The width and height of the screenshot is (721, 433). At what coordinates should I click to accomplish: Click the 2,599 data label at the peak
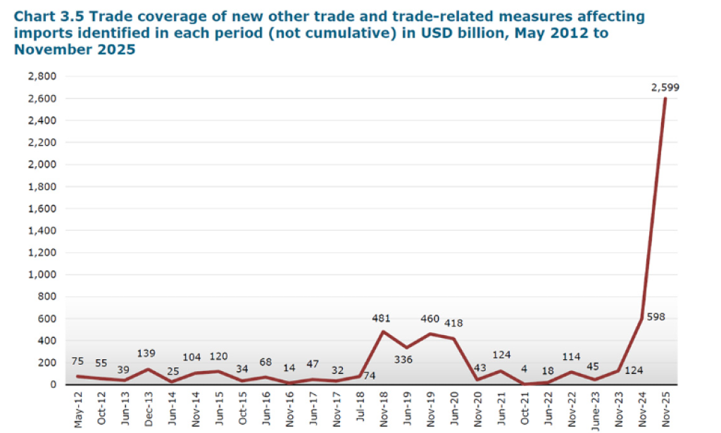coord(665,87)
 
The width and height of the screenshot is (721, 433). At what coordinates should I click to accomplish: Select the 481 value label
coord(381,318)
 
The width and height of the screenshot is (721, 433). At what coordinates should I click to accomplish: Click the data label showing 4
coord(525,368)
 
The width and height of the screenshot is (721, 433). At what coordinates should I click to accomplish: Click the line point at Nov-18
coord(382,332)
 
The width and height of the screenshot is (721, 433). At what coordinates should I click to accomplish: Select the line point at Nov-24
coord(642,318)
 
